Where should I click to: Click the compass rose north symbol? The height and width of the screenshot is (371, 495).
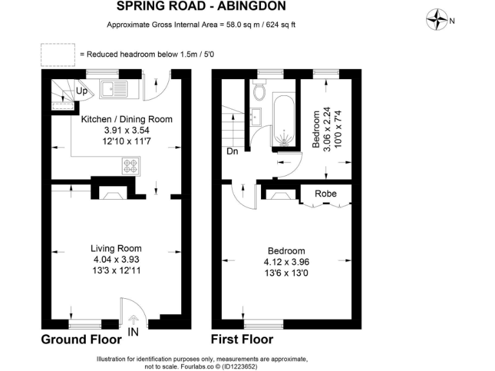(x=438, y=20)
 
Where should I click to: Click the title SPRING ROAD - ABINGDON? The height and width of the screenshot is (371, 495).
(x=202, y=6)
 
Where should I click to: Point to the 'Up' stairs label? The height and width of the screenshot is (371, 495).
(x=82, y=91)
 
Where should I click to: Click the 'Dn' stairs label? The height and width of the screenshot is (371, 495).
(x=232, y=152)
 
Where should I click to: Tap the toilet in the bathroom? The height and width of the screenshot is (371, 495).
(x=260, y=91)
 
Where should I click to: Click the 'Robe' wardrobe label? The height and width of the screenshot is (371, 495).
(x=325, y=193)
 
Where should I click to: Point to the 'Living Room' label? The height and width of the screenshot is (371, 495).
(x=116, y=249)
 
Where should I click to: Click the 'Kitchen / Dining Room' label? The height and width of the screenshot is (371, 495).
(x=126, y=119)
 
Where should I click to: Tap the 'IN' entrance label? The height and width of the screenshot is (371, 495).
(x=133, y=333)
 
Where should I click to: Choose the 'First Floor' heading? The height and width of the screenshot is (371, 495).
(x=242, y=339)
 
